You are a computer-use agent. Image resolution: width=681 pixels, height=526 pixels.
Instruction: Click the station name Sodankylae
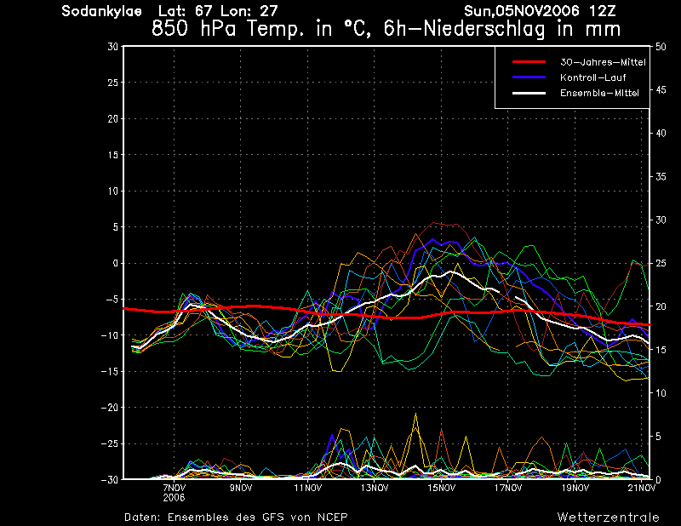point(101,11)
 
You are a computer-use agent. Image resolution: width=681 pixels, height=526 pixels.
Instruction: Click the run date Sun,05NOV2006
point(521,11)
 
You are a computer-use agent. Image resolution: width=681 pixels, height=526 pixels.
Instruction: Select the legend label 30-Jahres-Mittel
point(603,62)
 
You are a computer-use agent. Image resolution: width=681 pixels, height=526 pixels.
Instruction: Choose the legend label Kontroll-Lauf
point(592,77)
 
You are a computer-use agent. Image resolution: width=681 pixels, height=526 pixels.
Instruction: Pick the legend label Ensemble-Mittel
point(599,93)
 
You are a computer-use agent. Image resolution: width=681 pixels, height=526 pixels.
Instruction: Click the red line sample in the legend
point(529,61)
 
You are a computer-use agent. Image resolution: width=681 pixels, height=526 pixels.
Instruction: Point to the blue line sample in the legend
point(529,77)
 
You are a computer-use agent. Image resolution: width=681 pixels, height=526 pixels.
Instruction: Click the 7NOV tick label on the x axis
point(175,488)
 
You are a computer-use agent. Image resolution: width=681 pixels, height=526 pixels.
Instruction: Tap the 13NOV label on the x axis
point(375,488)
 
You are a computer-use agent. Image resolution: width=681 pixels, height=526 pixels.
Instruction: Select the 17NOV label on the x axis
point(508,488)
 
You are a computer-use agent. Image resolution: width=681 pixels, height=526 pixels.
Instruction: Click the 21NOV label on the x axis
point(642,488)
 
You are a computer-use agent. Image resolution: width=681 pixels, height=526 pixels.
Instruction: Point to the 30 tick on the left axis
point(113,47)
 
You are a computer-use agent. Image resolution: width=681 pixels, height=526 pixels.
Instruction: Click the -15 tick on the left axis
point(110,371)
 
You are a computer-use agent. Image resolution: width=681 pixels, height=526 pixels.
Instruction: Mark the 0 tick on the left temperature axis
point(116,263)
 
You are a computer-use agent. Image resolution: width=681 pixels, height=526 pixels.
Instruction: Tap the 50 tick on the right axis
point(661,47)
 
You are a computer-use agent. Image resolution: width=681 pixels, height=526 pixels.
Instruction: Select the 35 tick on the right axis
point(661,176)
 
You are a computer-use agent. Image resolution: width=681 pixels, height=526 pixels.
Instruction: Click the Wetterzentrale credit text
point(609,517)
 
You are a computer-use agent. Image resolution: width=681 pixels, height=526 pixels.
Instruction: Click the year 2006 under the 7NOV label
point(175,498)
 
